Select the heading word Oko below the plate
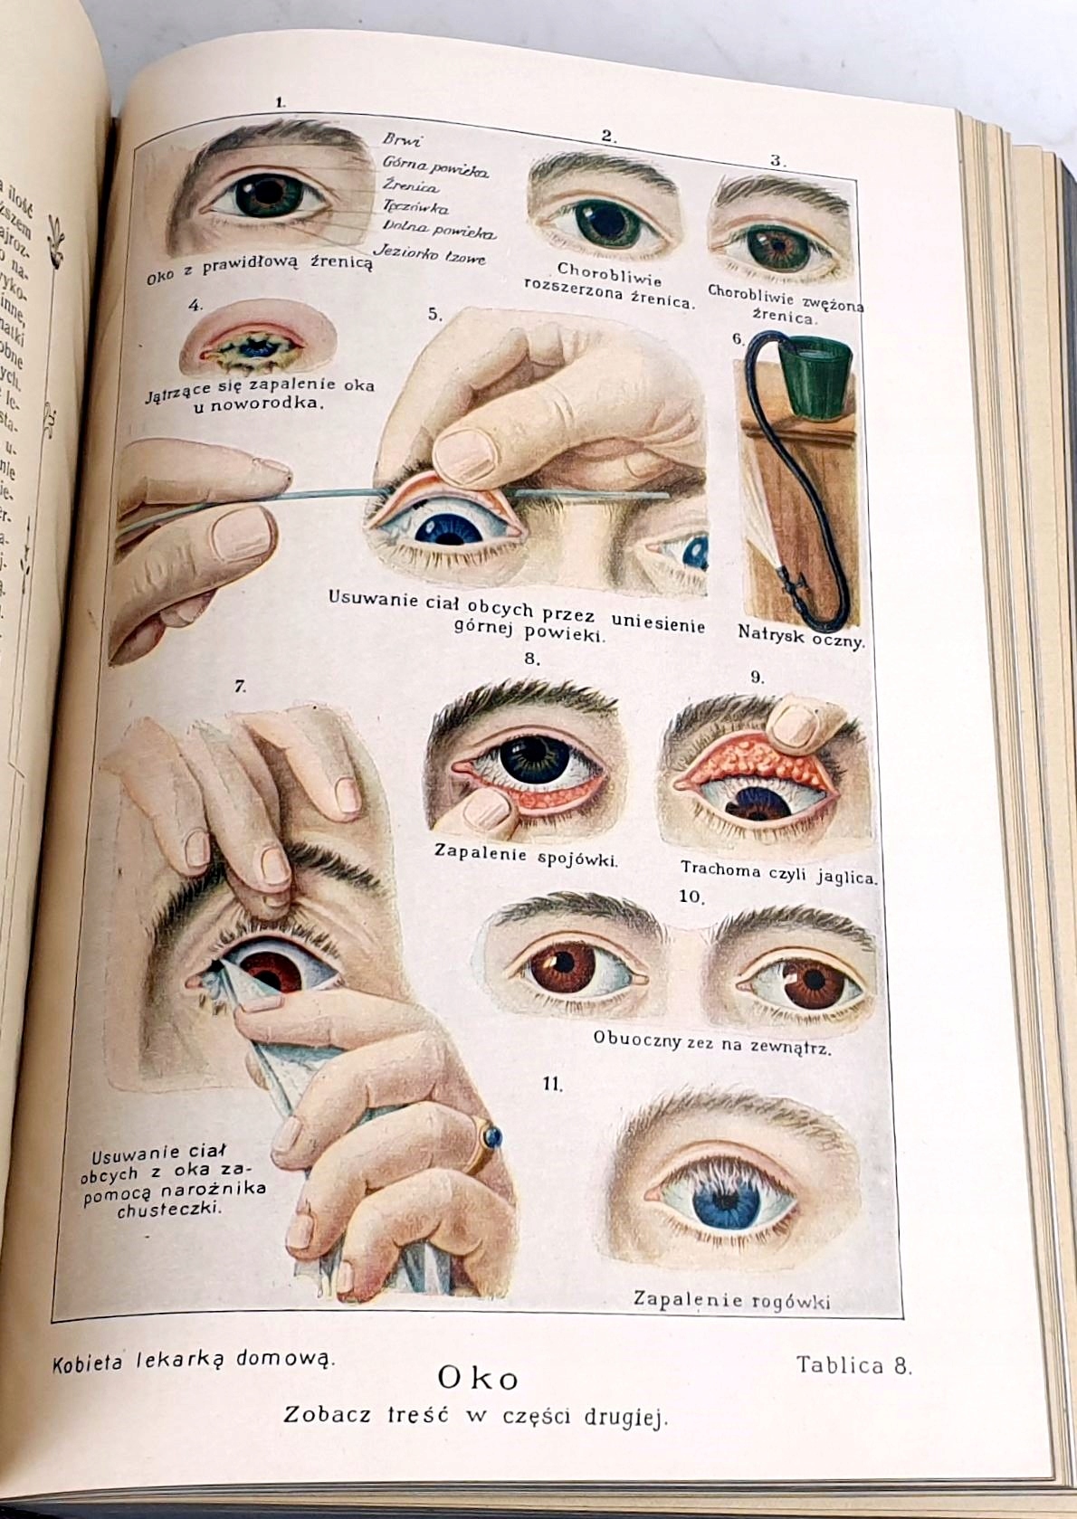pos(478,1378)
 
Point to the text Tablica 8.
pos(853,1365)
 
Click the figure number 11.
pos(553,1084)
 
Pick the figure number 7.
pos(240,687)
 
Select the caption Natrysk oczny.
pos(801,636)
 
